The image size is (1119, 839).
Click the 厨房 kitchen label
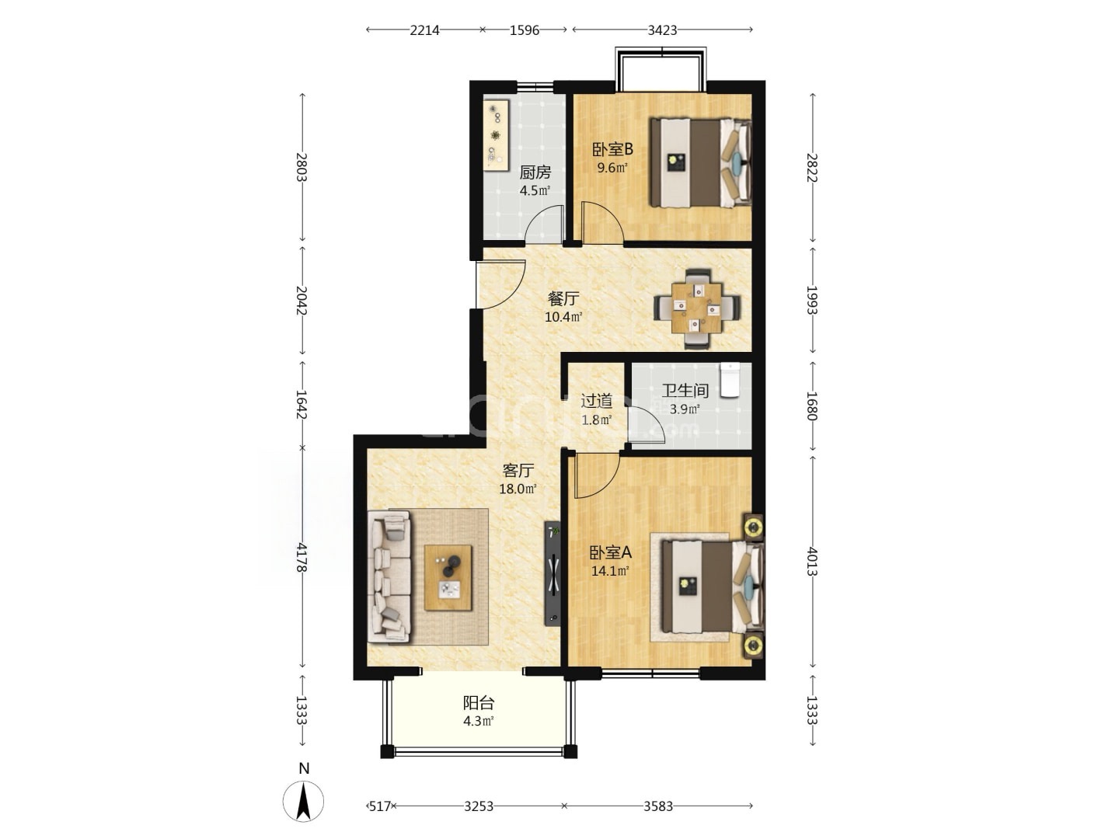point(535,172)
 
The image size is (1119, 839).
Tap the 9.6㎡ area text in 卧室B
point(612,168)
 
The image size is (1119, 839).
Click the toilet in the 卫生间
point(730,380)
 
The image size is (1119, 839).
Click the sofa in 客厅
point(389,576)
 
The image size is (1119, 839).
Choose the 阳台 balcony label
point(478,704)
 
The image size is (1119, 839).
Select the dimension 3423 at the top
point(662,30)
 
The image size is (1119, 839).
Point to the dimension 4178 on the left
point(302,559)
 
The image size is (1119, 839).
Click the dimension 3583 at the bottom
point(657,806)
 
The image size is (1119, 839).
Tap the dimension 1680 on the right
point(813,406)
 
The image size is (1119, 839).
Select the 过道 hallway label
point(597,402)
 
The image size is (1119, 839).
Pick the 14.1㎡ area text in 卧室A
point(610,571)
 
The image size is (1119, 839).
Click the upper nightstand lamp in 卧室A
point(752,527)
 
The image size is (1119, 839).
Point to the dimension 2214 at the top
point(424,30)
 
